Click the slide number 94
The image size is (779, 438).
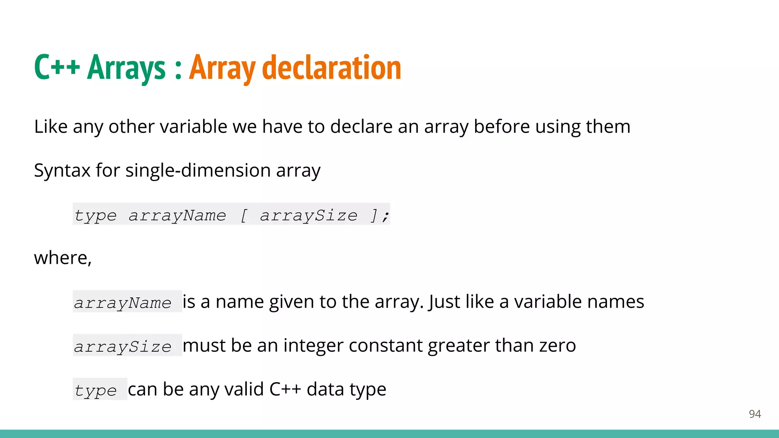(x=755, y=414)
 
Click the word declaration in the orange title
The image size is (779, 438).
(x=332, y=68)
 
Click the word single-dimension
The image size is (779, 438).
(x=198, y=170)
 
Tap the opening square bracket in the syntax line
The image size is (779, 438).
(x=244, y=216)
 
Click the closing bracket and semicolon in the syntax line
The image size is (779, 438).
(x=380, y=216)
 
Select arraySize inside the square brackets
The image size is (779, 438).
(x=309, y=216)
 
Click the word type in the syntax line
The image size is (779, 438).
(x=95, y=216)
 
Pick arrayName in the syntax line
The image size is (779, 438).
(x=177, y=216)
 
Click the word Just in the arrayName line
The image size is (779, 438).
(x=441, y=302)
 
